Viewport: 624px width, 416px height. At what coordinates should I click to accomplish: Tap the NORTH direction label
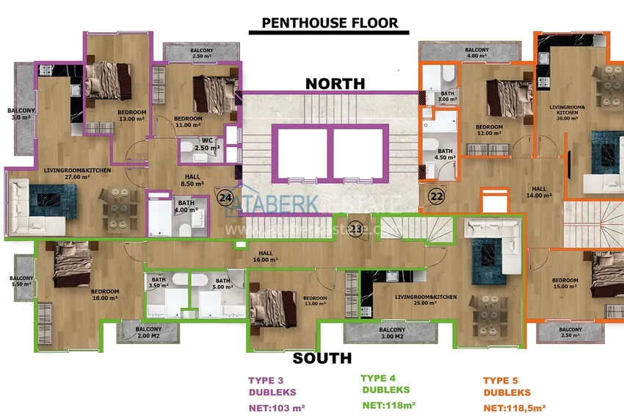point(335,83)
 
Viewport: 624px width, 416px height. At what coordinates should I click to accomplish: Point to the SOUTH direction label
point(322,359)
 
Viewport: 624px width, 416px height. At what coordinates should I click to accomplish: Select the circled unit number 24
point(225,196)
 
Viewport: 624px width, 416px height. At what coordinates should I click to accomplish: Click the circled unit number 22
point(437,196)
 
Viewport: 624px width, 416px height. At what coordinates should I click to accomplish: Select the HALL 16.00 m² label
point(266,257)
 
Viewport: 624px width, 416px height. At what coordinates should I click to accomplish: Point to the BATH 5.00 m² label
point(222,283)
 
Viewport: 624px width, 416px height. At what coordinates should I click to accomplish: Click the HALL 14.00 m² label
point(539,193)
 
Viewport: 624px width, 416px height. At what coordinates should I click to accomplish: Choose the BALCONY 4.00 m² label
point(478,52)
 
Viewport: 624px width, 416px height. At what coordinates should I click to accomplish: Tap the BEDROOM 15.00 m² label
point(565,283)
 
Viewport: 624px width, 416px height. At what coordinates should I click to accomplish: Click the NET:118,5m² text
point(515,407)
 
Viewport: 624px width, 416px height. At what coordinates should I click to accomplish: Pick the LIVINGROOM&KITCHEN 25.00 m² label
point(426,300)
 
